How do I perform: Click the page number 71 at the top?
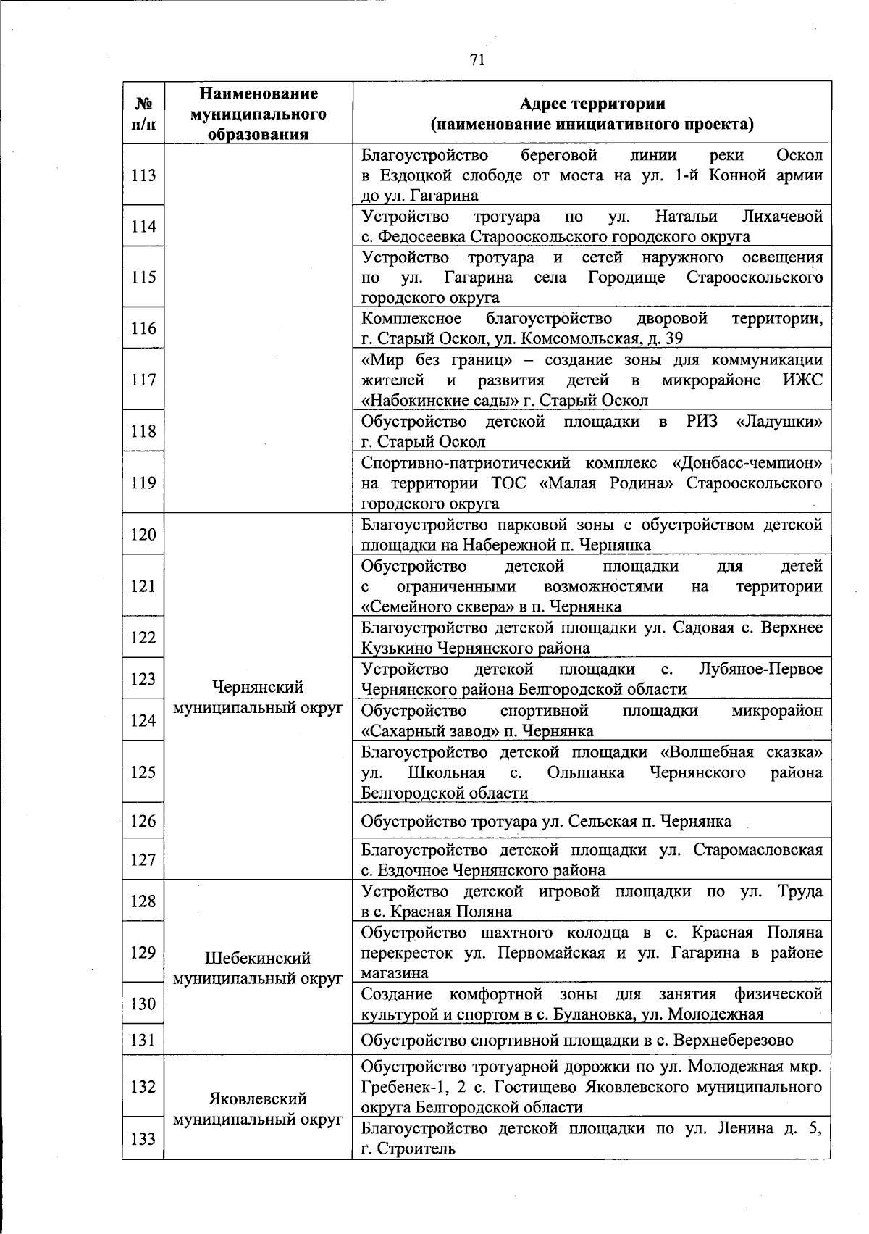click(477, 59)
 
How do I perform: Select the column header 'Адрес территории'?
click(592, 104)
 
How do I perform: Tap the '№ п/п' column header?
click(143, 114)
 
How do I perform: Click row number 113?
click(143, 175)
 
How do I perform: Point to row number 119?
click(143, 483)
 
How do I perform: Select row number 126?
click(143, 821)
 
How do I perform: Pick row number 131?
click(143, 1041)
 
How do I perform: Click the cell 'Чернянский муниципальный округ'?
click(258, 698)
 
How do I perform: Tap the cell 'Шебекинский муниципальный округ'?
click(258, 969)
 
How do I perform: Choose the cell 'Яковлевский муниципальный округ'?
click(258, 1109)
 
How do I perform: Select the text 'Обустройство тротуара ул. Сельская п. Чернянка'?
click(546, 822)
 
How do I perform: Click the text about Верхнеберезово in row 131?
click(577, 1041)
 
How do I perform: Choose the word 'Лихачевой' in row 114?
click(782, 217)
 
